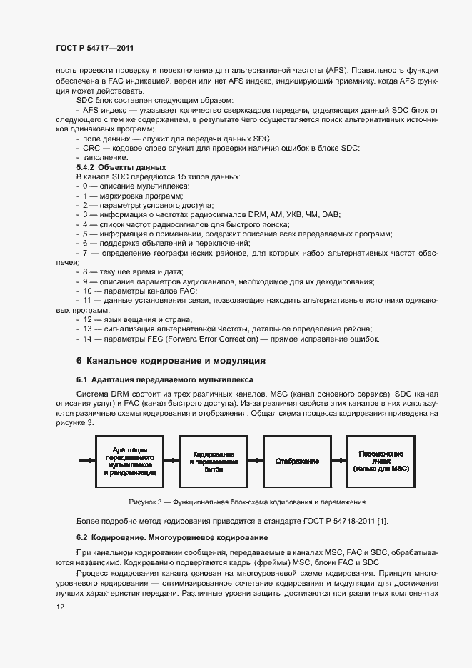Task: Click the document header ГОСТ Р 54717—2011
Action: point(94,48)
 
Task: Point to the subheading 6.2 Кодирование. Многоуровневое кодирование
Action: point(172,537)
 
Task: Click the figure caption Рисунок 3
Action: point(247,502)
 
